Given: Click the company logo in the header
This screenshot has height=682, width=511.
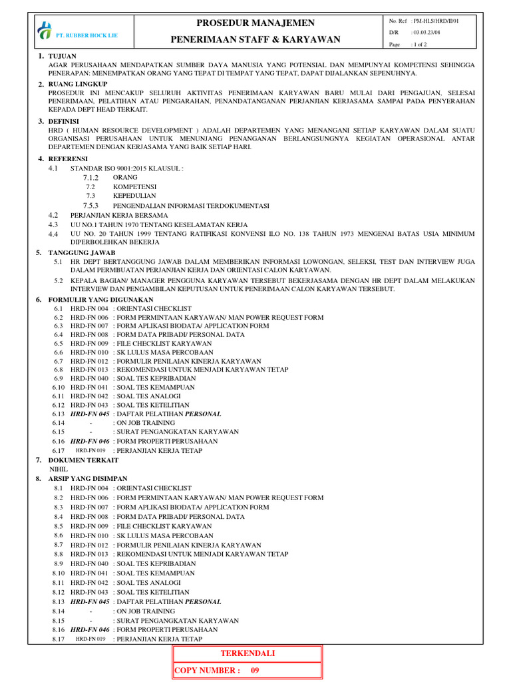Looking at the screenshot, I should [x=45, y=31].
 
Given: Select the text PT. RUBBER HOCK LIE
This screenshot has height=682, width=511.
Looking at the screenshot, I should [x=79, y=35].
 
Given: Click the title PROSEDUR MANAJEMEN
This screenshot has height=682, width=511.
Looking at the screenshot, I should [x=256, y=23].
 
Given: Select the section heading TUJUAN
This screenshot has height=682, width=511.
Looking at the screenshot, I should [x=63, y=55].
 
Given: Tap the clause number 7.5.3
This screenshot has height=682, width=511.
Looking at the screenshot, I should [x=90, y=206].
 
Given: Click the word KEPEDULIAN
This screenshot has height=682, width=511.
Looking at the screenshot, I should [x=134, y=196].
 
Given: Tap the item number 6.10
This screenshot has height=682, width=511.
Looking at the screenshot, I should [x=58, y=387].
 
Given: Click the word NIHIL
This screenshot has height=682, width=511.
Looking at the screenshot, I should [x=59, y=470].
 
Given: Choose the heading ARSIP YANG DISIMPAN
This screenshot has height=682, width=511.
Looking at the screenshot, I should [x=87, y=479].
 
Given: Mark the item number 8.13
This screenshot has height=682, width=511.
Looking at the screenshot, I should [x=58, y=601].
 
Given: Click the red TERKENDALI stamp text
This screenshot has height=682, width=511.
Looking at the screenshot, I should [x=248, y=653].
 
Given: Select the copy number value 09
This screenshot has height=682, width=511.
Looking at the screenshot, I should [x=254, y=671].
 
